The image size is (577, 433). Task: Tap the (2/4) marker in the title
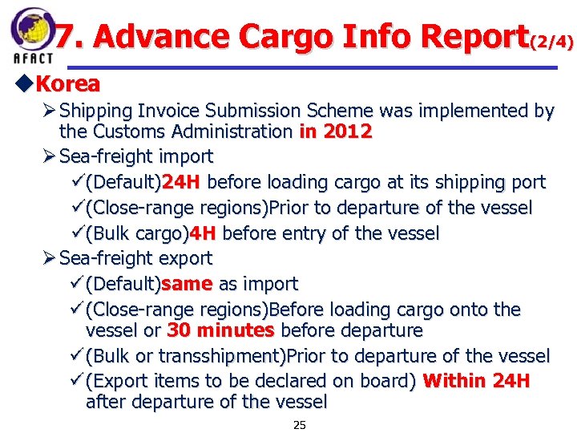coord(552,41)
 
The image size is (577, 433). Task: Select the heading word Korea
coord(68,83)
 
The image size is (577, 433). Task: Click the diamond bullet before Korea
coord(24,83)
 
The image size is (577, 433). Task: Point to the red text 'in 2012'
coord(335,132)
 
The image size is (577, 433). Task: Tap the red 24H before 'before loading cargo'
coord(180,182)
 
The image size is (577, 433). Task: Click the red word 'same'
coord(187,284)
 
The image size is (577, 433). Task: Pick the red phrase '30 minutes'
coord(220,330)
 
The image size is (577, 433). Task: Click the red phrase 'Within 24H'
coord(475,381)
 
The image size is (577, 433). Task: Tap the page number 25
coord(299,425)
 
